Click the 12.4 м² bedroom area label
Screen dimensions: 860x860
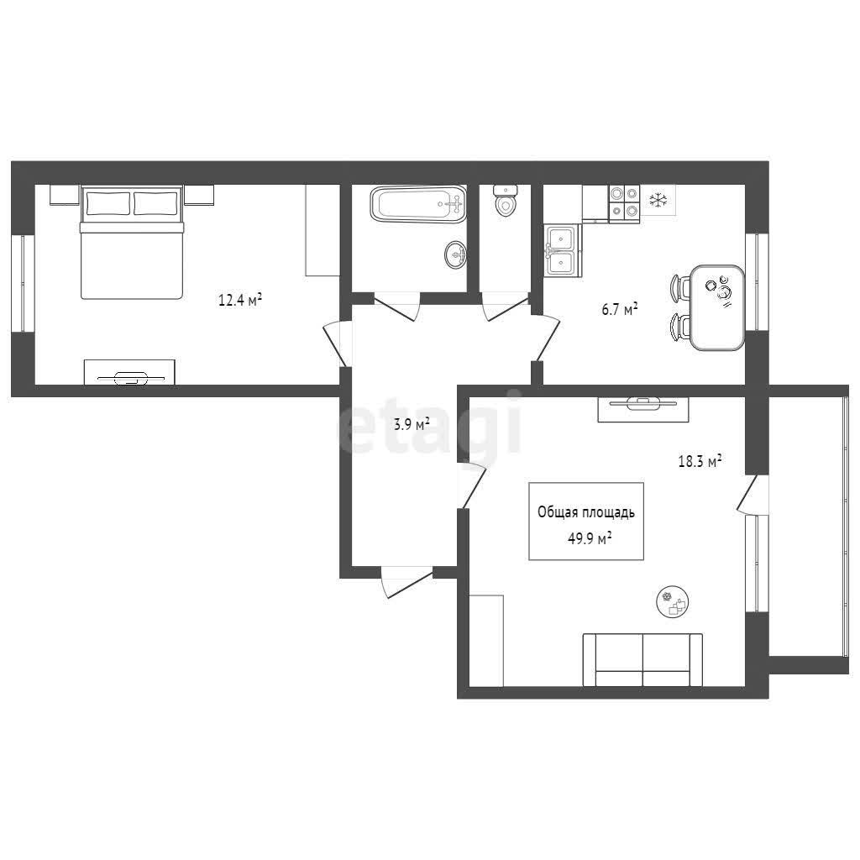click(240, 300)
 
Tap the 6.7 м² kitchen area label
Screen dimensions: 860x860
click(620, 309)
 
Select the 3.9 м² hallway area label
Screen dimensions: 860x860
click(412, 424)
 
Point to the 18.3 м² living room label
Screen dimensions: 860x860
click(700, 461)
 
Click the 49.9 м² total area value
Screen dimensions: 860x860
click(590, 538)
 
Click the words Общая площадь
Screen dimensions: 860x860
click(586, 512)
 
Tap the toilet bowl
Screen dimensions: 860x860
click(505, 200)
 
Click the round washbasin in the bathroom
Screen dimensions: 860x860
click(455, 254)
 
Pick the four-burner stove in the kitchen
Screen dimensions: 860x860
click(624, 203)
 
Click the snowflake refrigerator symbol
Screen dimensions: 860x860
click(658, 201)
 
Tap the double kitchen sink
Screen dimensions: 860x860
click(563, 251)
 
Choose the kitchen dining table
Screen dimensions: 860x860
click(717, 307)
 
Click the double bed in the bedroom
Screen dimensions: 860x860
click(131, 242)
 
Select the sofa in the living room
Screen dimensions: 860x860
click(642, 660)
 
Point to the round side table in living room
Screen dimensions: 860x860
click(673, 601)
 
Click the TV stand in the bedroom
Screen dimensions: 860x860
click(130, 372)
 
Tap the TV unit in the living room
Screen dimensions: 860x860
click(643, 409)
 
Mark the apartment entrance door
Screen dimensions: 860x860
click(407, 580)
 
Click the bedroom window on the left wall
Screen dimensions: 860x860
click(23, 284)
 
